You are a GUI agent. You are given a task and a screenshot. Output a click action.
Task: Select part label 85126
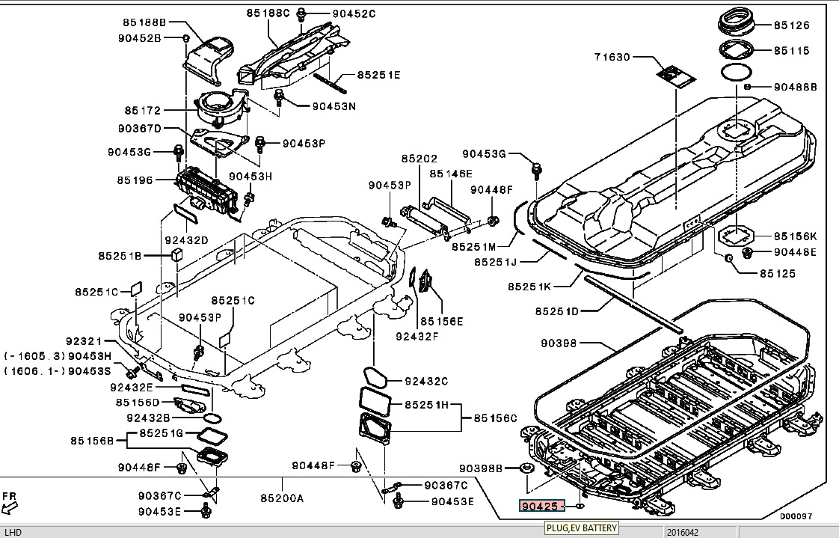(791, 25)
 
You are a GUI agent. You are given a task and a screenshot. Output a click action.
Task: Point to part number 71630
(613, 57)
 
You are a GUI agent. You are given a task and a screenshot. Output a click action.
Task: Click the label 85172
(143, 111)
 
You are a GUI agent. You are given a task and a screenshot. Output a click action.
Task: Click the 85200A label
(282, 498)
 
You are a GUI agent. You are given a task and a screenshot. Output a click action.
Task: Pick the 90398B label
(480, 468)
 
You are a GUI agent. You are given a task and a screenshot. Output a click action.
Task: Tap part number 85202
(419, 159)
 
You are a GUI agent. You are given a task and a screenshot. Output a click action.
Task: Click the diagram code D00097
(795, 516)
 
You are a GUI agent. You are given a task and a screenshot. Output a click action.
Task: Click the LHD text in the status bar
(13, 532)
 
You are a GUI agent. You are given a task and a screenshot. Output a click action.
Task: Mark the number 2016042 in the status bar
(683, 532)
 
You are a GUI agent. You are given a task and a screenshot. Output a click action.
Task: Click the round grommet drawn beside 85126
(737, 23)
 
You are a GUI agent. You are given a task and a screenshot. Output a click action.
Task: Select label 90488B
(795, 87)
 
